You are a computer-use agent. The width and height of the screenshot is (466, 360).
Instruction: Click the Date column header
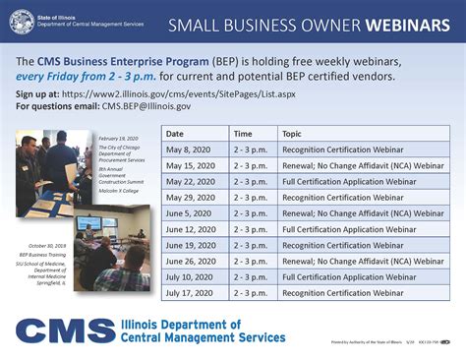point(175,133)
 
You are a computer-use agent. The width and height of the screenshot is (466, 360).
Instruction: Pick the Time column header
point(243,133)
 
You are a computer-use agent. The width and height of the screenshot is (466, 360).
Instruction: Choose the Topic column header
point(292,133)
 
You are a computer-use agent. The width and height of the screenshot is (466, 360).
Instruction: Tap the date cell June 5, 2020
point(190,213)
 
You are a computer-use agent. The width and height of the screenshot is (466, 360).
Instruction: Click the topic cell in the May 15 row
point(362,165)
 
